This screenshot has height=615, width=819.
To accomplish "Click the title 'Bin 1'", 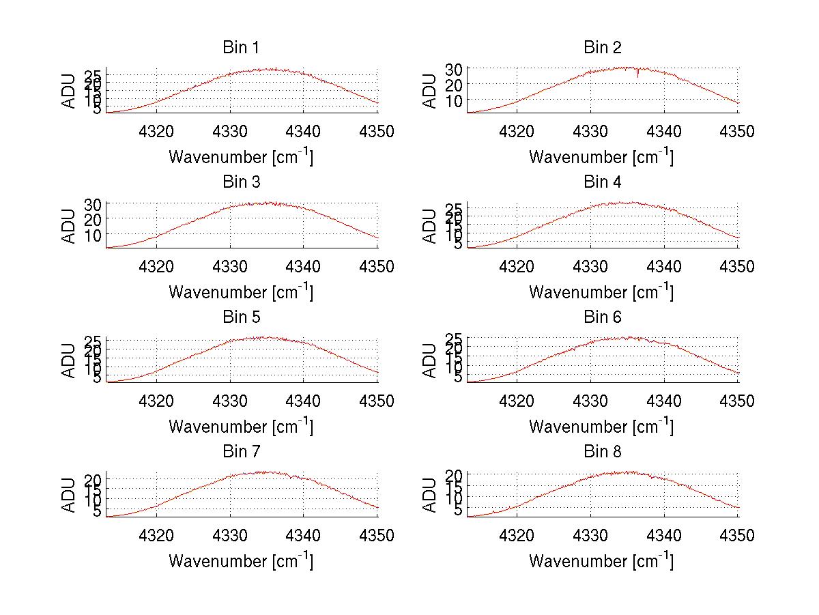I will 241,48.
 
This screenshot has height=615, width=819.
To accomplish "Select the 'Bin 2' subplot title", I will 602,48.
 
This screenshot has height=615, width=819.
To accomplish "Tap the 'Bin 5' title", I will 241,317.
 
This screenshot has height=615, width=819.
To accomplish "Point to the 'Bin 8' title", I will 602,452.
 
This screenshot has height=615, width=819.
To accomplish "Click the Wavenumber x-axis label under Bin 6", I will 601,427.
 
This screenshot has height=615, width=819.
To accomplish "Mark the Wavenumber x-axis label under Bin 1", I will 241,157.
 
